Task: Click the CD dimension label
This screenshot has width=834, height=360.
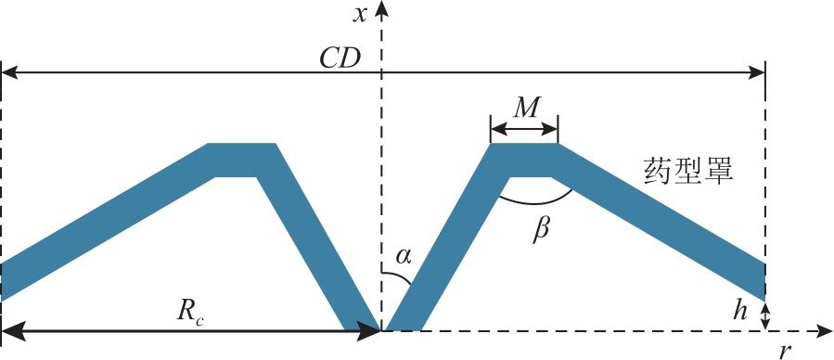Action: [x=340, y=59]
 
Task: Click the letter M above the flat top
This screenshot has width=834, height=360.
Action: [x=523, y=109]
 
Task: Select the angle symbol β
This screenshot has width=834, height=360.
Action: [x=541, y=231]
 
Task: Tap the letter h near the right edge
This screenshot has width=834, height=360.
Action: [x=738, y=312]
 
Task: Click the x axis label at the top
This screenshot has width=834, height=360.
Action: [x=361, y=15]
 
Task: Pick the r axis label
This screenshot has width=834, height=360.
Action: [x=785, y=351]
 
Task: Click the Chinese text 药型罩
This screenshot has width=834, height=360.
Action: [x=688, y=172]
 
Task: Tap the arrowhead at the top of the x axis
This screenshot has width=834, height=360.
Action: [x=380, y=7]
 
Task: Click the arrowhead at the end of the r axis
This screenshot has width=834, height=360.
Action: [x=826, y=330]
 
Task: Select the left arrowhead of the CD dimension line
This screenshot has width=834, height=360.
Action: [x=9, y=73]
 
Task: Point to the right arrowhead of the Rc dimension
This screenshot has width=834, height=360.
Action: [x=369, y=330]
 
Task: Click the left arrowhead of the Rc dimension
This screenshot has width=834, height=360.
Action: [x=13, y=330]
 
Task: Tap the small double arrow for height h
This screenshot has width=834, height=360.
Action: [x=765, y=315]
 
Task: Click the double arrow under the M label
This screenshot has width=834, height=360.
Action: [x=524, y=129]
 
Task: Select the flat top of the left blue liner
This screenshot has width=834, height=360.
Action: [x=241, y=144]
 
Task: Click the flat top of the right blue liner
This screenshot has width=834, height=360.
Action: [x=524, y=144]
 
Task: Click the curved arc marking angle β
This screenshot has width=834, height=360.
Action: [x=535, y=204]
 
